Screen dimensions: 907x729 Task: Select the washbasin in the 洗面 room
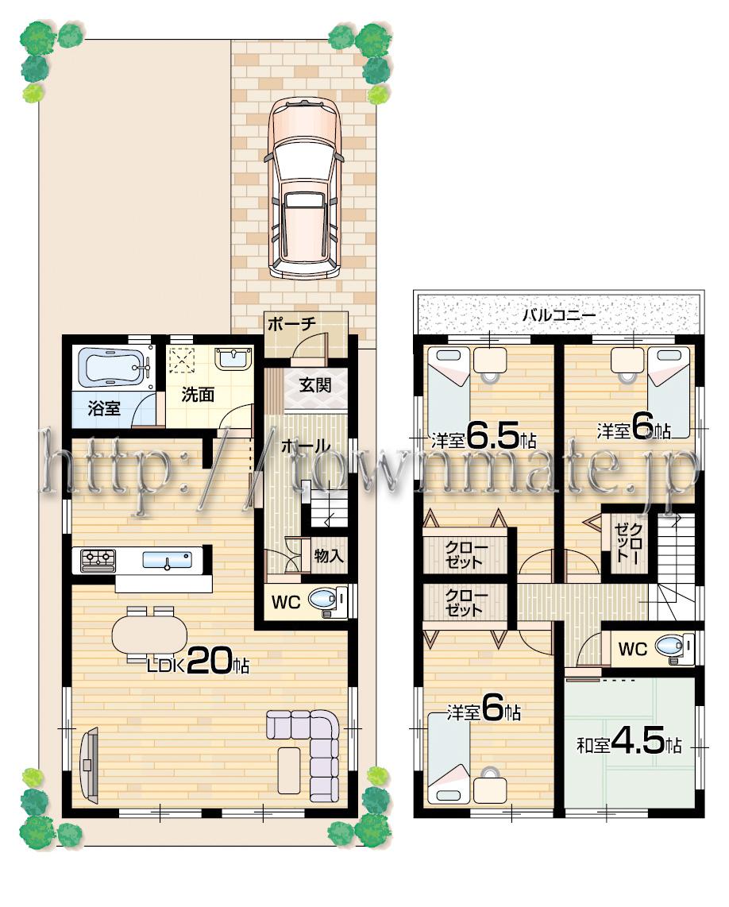coord(233,359)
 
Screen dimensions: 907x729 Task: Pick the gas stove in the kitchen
coord(97,560)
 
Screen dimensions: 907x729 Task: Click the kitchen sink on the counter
coord(167,560)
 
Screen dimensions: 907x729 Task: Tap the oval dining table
coord(149,635)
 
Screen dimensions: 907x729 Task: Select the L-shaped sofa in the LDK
coord(314,747)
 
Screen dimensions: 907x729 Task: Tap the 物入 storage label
coord(329,556)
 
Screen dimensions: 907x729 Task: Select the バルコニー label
coord(558,315)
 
